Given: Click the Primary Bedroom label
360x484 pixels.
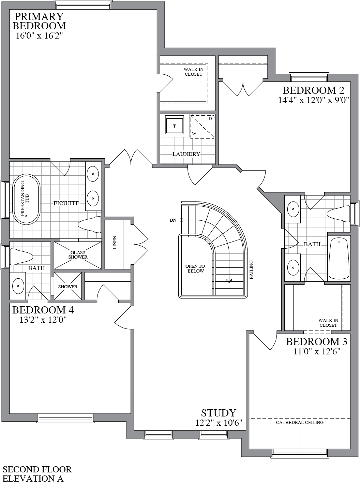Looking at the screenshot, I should [x=39, y=21].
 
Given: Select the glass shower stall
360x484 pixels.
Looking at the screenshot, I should [x=78, y=255].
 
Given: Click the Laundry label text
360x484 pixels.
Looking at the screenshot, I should [x=186, y=154].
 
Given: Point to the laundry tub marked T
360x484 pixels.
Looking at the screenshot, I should [x=175, y=126].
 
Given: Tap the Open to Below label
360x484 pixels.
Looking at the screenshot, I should [x=195, y=268].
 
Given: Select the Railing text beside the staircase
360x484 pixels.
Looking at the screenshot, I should [x=251, y=270].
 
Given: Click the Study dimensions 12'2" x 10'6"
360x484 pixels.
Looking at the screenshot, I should [x=219, y=423].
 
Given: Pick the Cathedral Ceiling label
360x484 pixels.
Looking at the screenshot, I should [x=300, y=422].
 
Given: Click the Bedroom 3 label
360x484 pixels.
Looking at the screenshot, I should [x=313, y=341].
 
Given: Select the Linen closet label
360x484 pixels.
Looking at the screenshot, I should [x=115, y=243].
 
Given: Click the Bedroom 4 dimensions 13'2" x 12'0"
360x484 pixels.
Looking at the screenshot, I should [x=43, y=320].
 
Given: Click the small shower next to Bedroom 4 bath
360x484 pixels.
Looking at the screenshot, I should [x=67, y=287].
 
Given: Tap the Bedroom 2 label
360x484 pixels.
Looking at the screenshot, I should [x=313, y=90].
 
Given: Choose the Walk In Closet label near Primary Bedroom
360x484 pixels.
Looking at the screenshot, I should [x=193, y=72].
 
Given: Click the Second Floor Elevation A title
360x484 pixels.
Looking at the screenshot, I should [x=37, y=474].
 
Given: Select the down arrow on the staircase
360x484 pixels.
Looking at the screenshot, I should [x=229, y=281].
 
